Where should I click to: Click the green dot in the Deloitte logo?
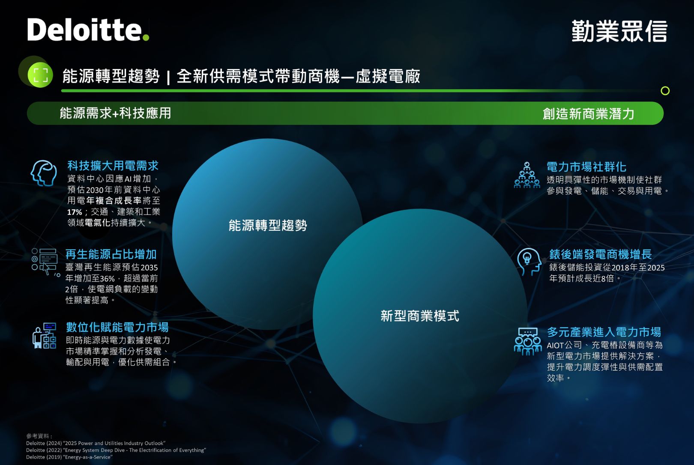[146, 37]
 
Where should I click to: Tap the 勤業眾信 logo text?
[619, 31]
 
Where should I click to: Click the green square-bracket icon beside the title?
[41, 75]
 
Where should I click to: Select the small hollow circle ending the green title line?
[665, 91]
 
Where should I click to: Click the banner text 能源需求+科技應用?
[115, 113]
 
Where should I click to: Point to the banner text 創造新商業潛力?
[588, 113]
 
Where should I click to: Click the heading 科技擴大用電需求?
[113, 166]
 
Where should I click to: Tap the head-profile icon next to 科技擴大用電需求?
[44, 173]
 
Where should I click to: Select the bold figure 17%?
[75, 212]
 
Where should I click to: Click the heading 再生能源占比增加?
[111, 254]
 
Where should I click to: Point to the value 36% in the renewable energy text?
[108, 278]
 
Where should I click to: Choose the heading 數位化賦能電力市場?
[117, 327]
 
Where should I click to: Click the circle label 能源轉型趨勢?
[268, 225]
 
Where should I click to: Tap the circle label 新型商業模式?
[420, 316]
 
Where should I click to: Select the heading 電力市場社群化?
[586, 167]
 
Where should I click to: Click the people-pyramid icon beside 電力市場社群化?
[526, 175]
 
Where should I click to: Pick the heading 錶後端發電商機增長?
[601, 254]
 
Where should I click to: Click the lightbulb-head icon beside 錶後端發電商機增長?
[529, 262]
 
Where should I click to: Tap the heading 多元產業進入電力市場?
[604, 332]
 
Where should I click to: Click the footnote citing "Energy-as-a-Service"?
[69, 457]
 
